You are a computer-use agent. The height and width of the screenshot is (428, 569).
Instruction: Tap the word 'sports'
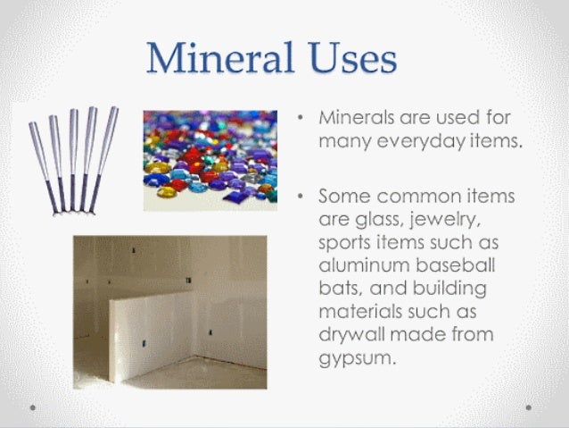click(349, 243)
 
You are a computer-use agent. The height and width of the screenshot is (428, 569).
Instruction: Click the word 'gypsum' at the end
click(354, 360)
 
